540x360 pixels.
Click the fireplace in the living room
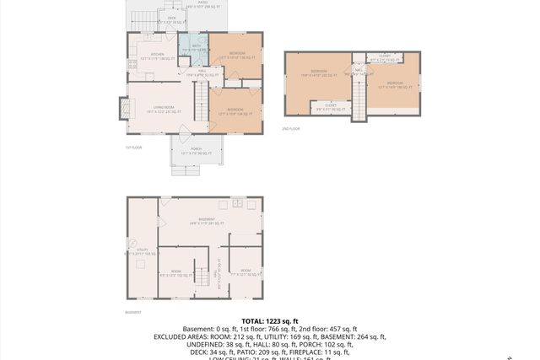click(125, 110)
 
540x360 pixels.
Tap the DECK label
click(171, 18)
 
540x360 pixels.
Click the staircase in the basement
click(201, 275)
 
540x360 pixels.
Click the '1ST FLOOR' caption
click(133, 148)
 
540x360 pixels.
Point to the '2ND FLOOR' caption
click(291, 129)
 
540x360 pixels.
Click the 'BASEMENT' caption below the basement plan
click(133, 312)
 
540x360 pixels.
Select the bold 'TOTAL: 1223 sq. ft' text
click(269, 321)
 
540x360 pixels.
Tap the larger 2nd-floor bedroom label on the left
click(318, 73)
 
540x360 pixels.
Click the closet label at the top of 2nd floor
click(385, 58)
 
